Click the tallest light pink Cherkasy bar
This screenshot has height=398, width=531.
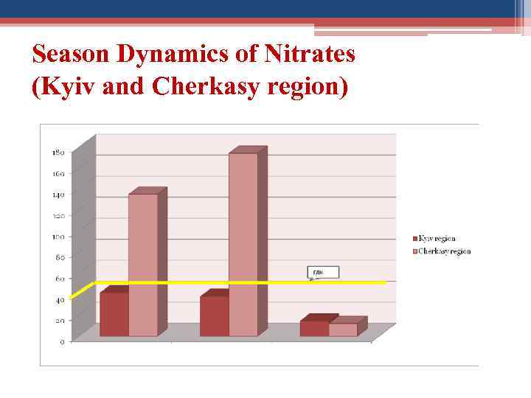(243, 243)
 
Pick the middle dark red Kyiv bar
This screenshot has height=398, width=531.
(214, 316)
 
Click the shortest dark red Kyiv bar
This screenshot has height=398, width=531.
(314, 328)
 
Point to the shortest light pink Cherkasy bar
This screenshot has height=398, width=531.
(343, 329)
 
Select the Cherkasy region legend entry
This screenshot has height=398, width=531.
(442, 251)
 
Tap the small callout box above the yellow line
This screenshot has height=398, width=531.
(323, 273)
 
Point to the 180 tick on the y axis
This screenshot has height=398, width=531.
(58, 153)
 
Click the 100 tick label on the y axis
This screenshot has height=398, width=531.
(58, 237)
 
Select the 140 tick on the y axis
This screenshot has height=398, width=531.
(58, 195)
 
